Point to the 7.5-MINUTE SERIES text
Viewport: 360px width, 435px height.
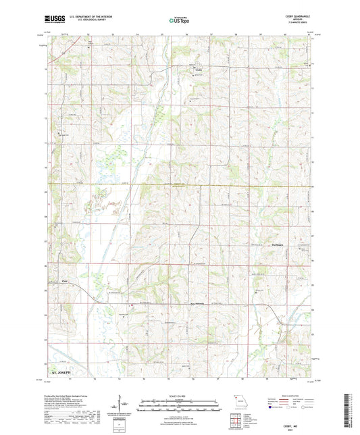tap(299, 24)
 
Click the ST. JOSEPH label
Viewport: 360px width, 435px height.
tap(61, 372)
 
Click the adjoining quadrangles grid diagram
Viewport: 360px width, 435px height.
tap(236, 419)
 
